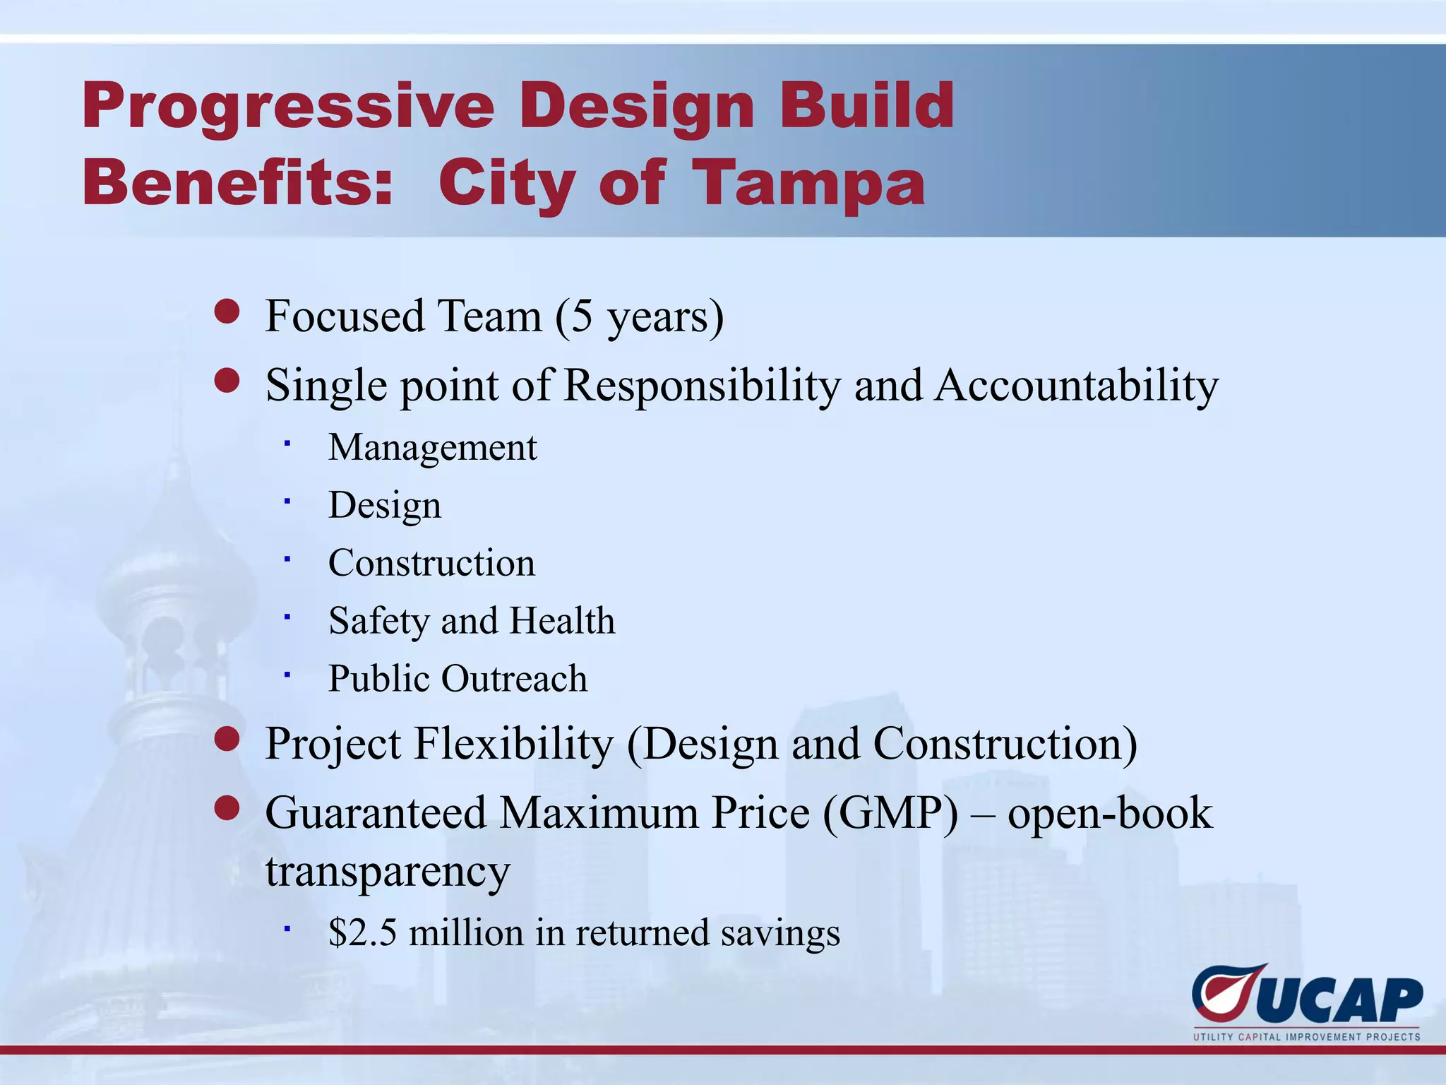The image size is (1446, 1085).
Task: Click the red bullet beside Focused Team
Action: click(227, 311)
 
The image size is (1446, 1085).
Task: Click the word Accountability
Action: click(1077, 386)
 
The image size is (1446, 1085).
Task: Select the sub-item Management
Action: click(432, 447)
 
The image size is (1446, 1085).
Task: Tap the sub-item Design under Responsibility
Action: click(385, 505)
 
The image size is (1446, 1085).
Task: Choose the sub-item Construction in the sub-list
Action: click(431, 563)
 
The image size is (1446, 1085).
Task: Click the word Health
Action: click(562, 621)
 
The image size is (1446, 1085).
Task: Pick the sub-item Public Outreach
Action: click(458, 679)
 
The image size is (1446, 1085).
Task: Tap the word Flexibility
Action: click(513, 744)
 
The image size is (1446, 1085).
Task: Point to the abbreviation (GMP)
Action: click(890, 813)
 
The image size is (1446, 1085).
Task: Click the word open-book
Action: click(1109, 813)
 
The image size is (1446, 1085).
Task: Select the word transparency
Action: click(387, 872)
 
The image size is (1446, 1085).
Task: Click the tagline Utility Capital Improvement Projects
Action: click(1306, 1037)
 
